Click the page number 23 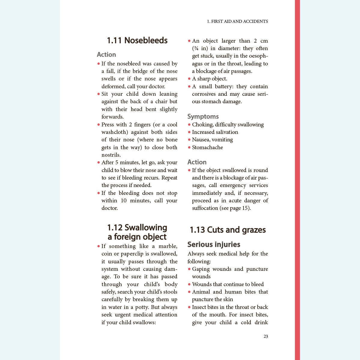[x=266, y=336]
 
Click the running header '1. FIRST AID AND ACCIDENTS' [x=237, y=21]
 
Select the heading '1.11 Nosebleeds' [x=137, y=40]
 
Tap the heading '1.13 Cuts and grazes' [x=228, y=230]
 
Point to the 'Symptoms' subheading [x=203, y=116]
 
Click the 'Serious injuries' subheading [x=214, y=244]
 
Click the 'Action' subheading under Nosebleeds [x=106, y=54]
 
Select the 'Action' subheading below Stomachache [x=197, y=162]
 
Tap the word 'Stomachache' [x=207, y=147]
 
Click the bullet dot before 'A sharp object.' [x=189, y=79]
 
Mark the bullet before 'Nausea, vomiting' [x=189, y=140]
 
